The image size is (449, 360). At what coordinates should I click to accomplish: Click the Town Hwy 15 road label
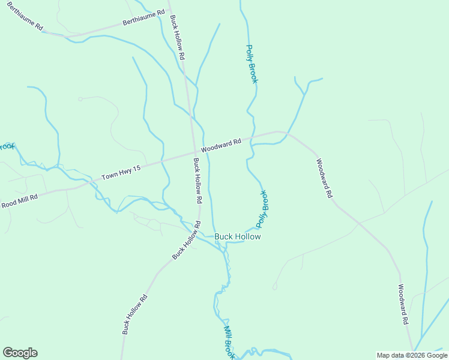[x=121, y=173]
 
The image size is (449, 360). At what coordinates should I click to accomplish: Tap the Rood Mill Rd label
[x=19, y=200]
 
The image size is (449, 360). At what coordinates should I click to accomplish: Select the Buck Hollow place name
[x=238, y=237]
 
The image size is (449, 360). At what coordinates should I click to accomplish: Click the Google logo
[x=20, y=353]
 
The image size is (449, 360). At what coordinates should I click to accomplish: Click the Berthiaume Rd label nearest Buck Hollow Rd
[x=143, y=17]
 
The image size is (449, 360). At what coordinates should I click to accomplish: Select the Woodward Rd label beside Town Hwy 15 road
[x=221, y=145]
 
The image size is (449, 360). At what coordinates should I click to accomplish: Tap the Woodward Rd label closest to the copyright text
[x=403, y=304]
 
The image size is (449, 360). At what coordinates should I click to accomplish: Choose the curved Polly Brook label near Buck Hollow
[x=262, y=209]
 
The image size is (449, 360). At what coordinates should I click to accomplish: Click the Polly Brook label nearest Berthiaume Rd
[x=251, y=64]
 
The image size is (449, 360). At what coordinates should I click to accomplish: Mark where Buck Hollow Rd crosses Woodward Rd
[x=193, y=153]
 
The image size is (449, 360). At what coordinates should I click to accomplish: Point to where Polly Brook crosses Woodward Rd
[x=250, y=139]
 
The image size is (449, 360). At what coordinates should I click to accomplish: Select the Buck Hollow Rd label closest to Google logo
[x=134, y=314]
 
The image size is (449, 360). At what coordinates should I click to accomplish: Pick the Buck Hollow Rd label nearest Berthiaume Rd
[x=177, y=37]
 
